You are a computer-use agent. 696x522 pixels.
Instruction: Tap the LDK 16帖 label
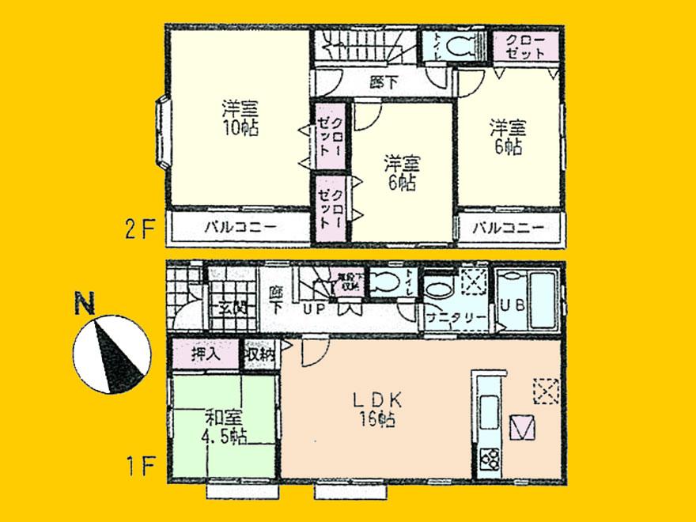click(378, 409)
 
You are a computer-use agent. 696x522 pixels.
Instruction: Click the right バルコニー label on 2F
click(509, 228)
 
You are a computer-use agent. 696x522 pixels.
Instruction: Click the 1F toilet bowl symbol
click(385, 282)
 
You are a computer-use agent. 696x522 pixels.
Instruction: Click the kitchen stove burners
click(488, 458)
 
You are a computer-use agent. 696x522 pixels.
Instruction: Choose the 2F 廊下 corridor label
click(382, 81)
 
